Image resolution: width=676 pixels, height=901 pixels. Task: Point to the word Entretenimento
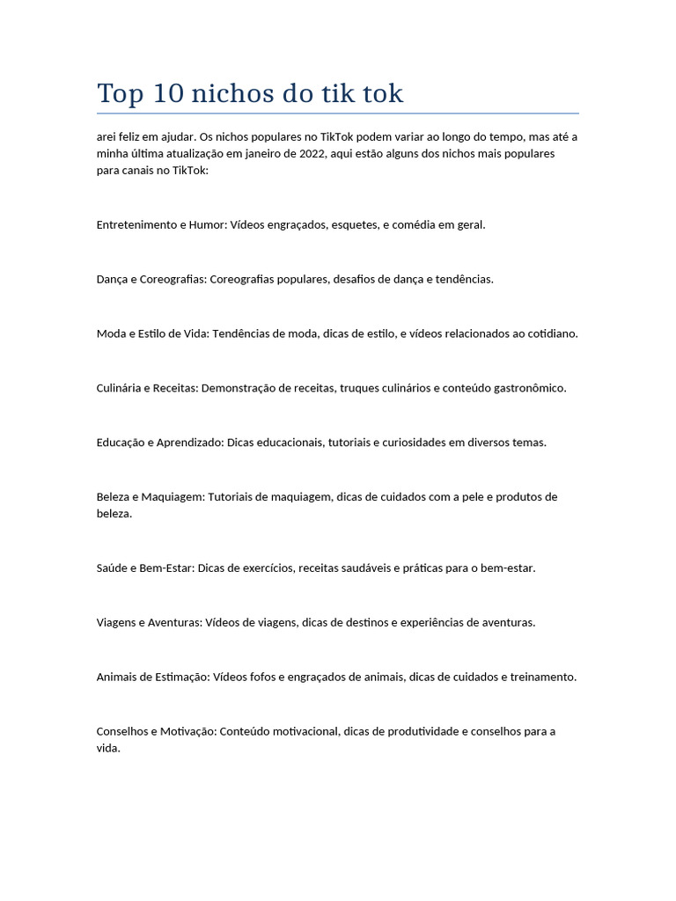click(136, 224)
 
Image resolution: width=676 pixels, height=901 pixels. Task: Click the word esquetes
click(355, 224)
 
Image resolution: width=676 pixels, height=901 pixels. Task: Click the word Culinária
click(118, 388)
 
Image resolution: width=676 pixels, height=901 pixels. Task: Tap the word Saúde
click(112, 568)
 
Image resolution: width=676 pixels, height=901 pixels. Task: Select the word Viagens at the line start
click(117, 623)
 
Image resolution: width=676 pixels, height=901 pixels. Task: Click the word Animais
click(117, 678)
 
